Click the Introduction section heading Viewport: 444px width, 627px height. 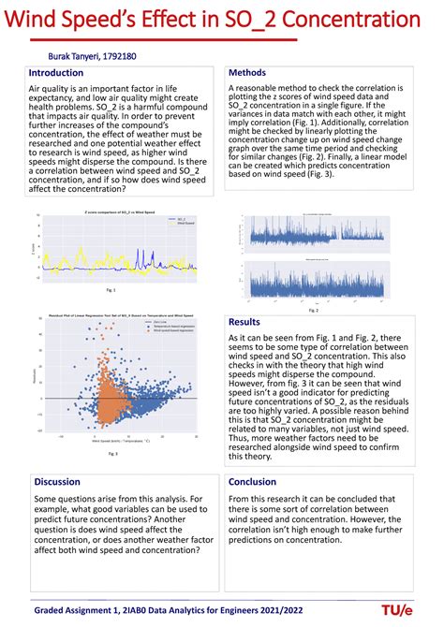[56, 73]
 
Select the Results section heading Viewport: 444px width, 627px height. [245, 322]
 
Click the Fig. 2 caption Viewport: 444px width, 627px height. [318, 298]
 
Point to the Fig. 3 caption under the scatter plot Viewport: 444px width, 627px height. [111, 453]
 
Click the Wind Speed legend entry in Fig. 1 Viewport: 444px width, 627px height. [172, 226]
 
